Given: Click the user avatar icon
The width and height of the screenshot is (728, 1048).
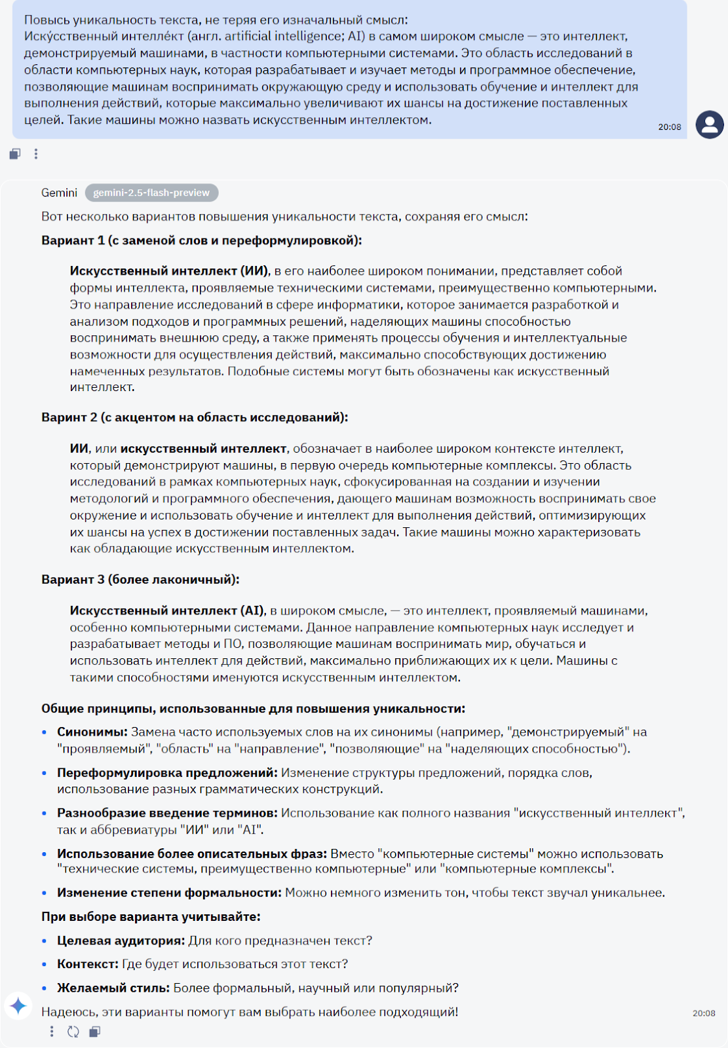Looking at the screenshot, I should point(709,124).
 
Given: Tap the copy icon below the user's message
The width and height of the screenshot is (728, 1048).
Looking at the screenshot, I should point(15,154).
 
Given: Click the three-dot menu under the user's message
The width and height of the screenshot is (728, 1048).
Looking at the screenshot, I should point(36,154).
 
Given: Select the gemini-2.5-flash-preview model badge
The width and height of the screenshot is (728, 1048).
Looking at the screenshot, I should point(151,193).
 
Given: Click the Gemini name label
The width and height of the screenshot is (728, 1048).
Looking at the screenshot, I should point(59,193).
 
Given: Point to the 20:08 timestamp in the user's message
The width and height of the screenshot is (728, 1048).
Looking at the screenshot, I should point(669,127).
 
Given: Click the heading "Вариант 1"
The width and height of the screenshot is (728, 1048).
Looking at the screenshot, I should point(201,240).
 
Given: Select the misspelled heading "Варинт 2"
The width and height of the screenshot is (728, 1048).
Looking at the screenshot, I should point(195,417).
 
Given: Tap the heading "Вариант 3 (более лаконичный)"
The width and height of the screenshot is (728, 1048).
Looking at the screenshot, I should point(140,580).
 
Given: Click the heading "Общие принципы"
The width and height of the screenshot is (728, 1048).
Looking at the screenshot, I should point(253,709).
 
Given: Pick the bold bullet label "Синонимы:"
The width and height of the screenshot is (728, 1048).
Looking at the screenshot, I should point(92,732).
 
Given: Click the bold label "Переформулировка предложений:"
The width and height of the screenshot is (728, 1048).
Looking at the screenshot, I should point(167,774).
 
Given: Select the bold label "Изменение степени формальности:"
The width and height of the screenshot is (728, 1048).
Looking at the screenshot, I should point(169,893).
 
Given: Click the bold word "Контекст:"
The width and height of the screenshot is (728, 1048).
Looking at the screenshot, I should point(88,965).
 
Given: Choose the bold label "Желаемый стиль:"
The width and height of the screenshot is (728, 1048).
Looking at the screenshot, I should point(113,988).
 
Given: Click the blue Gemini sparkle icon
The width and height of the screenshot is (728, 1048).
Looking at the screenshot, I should point(18,1005).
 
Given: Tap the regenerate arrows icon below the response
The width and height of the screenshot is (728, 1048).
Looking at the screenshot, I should point(73,1032).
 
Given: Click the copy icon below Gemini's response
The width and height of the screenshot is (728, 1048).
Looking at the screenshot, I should point(95,1032).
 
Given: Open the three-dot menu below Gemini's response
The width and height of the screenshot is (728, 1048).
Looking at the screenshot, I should point(52,1032).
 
